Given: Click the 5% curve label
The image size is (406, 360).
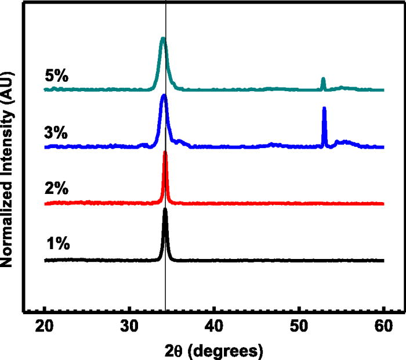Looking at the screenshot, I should point(57,75).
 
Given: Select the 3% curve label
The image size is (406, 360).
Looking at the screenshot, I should point(57,132).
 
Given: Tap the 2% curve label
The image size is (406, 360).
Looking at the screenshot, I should point(57,189).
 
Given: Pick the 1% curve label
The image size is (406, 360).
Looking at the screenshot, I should point(57,244).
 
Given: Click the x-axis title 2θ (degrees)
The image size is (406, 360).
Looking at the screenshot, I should point(213,350).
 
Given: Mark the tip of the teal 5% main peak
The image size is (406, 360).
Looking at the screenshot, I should point(163,39).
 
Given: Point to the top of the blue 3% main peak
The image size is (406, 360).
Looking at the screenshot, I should point(164,95).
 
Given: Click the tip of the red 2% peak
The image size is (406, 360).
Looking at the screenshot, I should point(165,153).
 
